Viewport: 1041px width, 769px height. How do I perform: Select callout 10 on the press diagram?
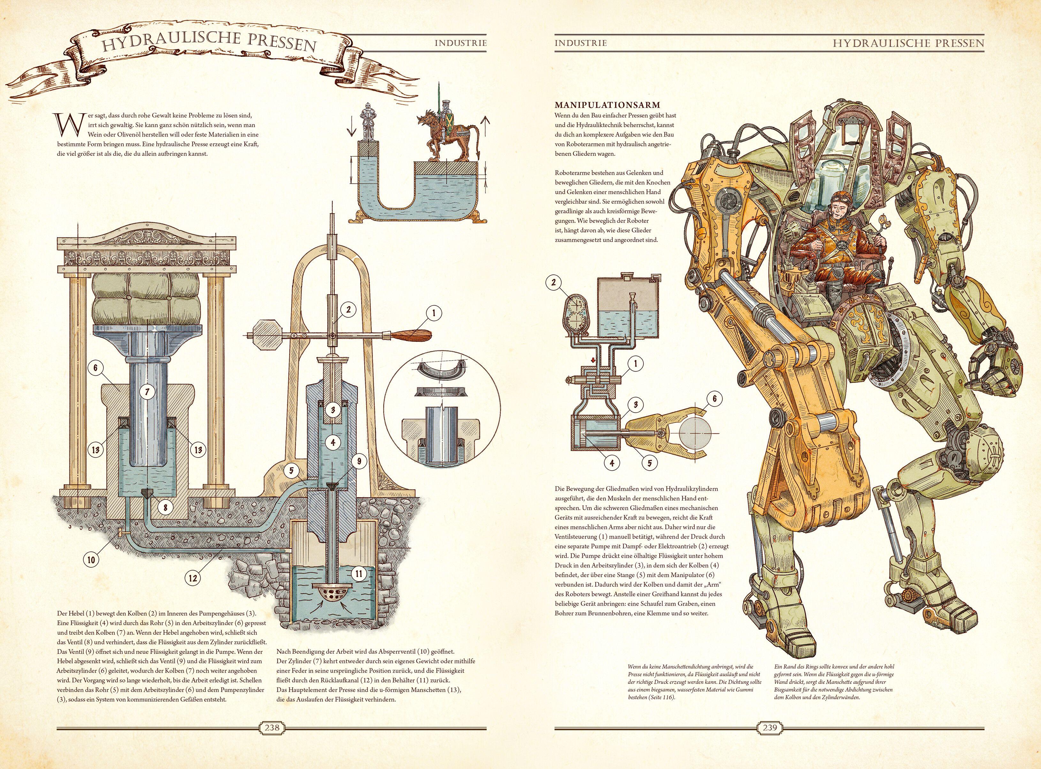click(91, 560)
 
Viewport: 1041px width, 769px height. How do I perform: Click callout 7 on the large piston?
click(147, 392)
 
